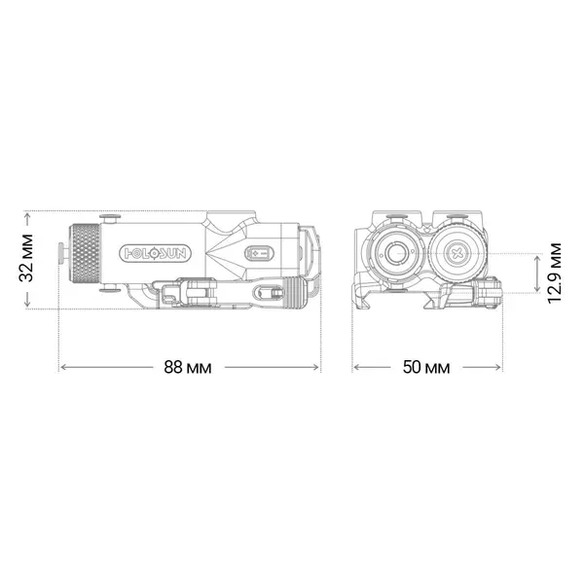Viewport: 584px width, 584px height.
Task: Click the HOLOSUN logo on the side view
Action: pos(156,252)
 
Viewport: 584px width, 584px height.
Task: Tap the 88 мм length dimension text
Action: pos(188,367)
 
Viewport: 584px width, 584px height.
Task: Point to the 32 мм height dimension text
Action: pos(28,259)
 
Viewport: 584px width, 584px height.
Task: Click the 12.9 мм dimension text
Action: pos(554,273)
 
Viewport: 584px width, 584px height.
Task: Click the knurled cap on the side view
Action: pos(88,253)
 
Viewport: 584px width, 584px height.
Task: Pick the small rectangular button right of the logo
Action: pos(260,252)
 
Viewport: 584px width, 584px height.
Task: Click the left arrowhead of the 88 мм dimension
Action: pos(64,367)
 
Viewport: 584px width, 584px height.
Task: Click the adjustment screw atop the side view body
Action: pos(111,218)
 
